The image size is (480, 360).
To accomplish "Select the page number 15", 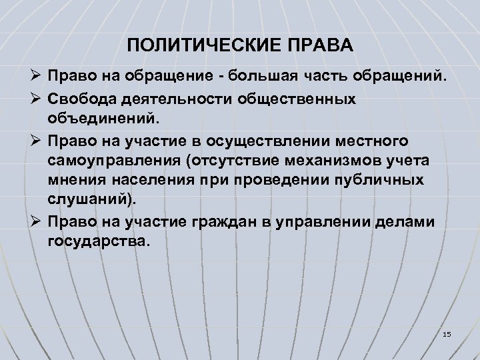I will pyautogui.click(x=447, y=333).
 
